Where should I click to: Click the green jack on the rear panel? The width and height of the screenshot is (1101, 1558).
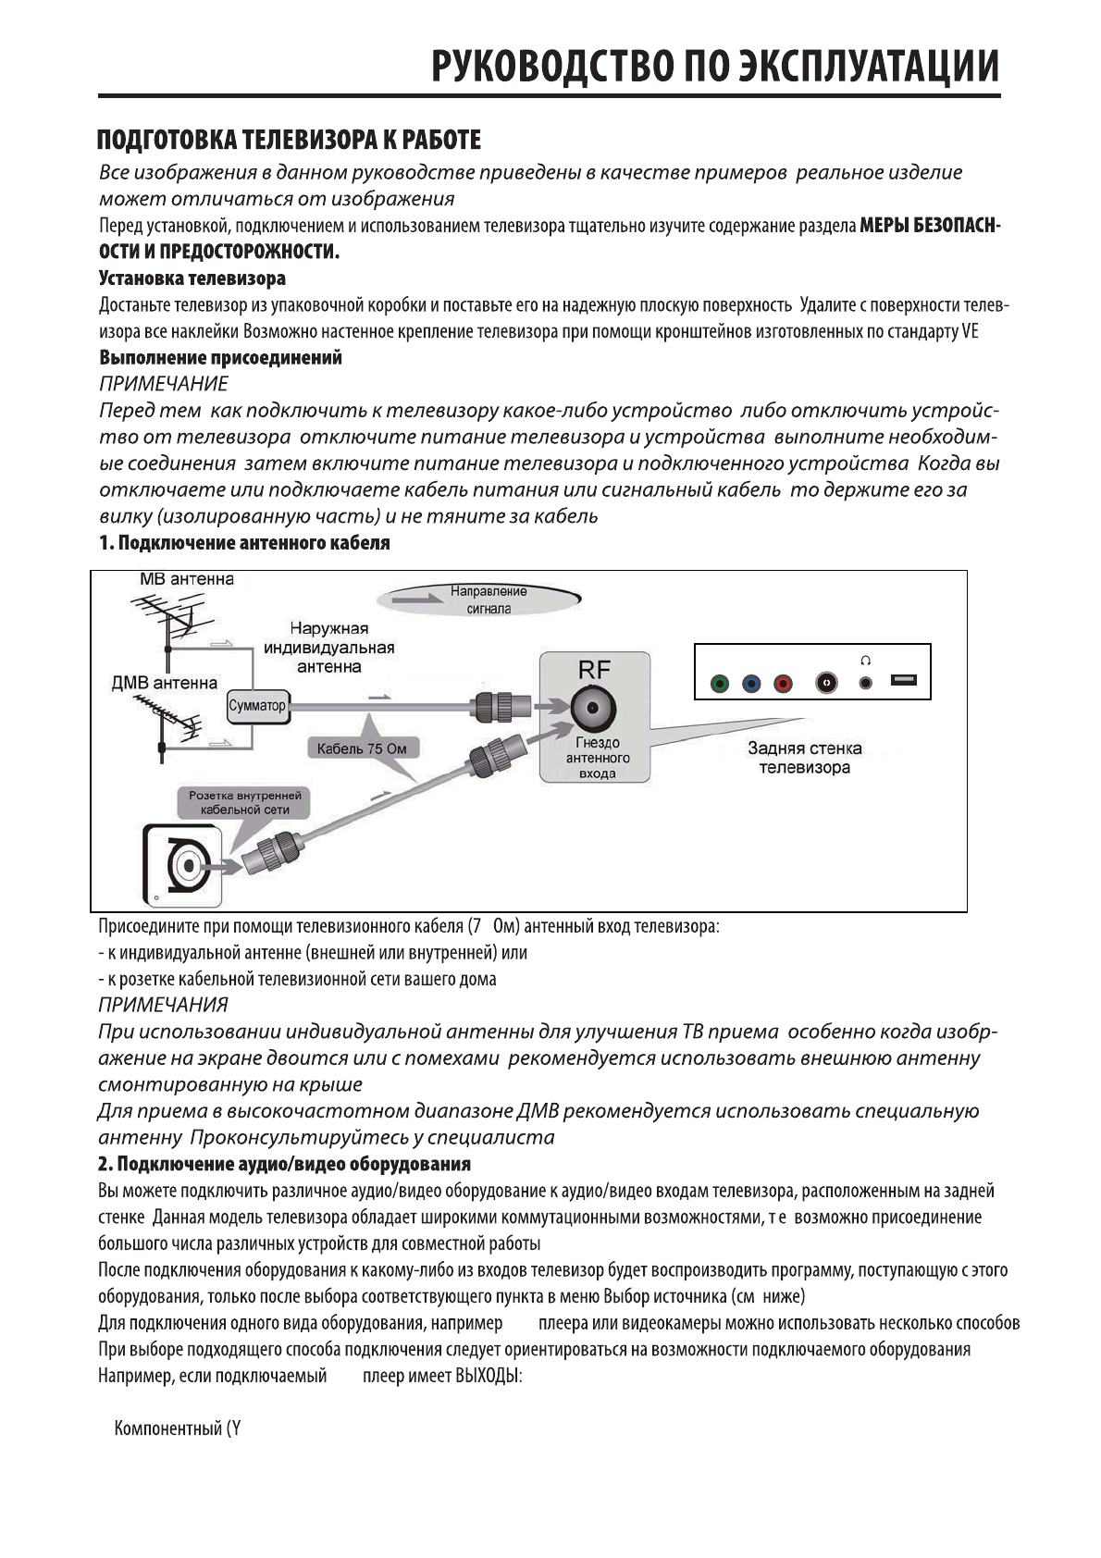tap(719, 685)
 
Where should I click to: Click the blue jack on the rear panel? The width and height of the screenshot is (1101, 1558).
tap(751, 685)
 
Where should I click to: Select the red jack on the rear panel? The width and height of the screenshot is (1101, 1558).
tap(783, 685)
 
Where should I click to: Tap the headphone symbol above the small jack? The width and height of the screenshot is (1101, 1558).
tap(865, 661)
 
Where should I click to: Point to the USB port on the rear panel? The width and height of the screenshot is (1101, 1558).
tap(903, 681)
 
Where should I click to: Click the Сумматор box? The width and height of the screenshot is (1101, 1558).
tap(257, 706)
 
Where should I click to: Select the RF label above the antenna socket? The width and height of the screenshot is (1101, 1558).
tap(594, 670)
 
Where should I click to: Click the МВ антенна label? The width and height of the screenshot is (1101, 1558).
tap(187, 580)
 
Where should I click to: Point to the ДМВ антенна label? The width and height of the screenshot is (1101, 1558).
tap(164, 684)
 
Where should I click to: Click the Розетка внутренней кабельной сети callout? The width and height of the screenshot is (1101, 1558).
tap(244, 802)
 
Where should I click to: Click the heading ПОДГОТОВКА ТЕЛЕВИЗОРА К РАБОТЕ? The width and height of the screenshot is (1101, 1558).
tap(290, 141)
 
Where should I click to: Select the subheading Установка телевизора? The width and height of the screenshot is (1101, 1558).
tap(192, 278)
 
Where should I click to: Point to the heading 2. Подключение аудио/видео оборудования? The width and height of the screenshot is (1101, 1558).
tap(284, 1164)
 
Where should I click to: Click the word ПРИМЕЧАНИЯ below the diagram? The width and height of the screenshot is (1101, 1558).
tap(163, 1005)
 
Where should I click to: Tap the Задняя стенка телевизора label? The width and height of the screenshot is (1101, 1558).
tap(804, 758)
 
